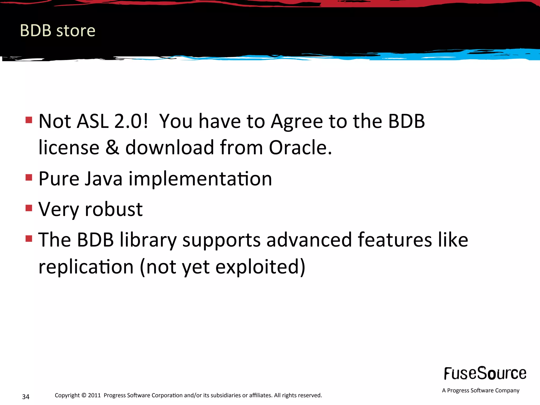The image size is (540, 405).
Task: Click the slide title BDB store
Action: click(57, 31)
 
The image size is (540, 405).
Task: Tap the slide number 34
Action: click(26, 397)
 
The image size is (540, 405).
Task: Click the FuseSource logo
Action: click(485, 374)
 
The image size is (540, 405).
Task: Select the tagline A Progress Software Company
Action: click(480, 390)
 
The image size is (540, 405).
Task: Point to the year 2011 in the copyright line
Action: click(94, 395)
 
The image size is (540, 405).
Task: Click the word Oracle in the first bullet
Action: click(300, 147)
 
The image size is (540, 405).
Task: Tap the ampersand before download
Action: click(112, 147)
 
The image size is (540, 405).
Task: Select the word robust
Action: click(114, 209)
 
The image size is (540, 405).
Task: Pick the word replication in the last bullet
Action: click(86, 267)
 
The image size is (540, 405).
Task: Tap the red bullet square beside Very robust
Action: click(29, 208)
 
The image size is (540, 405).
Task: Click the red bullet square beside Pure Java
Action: click(29, 177)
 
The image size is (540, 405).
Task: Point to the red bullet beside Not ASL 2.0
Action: click(29, 120)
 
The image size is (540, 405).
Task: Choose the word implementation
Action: click(200, 179)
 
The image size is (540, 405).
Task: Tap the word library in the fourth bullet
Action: click(148, 240)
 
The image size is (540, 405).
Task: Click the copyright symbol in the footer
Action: click(84, 395)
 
